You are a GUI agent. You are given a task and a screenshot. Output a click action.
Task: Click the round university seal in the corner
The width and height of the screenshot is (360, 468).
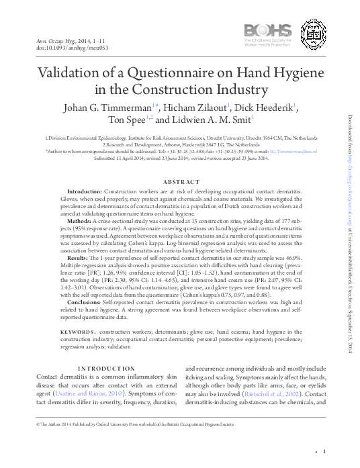pyautogui.click(x=314, y=32)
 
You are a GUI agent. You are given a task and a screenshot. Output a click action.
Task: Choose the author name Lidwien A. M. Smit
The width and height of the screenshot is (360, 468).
pyautogui.click(x=208, y=121)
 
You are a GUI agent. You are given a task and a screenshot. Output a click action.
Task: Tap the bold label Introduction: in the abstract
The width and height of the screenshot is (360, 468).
pyautogui.click(x=75, y=192)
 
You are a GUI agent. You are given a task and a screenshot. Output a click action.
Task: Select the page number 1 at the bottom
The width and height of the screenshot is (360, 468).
pyautogui.click(x=324, y=452)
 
